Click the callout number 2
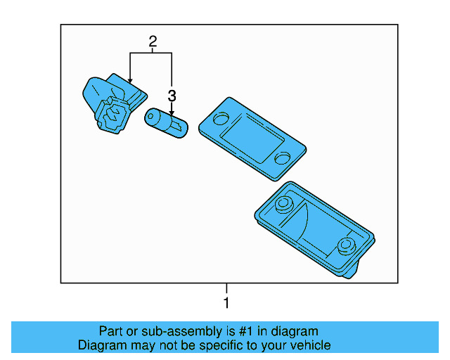[153, 41]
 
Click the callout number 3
[172, 96]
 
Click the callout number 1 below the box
[226, 303]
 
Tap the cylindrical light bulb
[166, 123]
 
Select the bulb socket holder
[113, 103]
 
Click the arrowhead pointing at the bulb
[172, 113]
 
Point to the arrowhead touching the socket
[130, 81]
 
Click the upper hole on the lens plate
[221, 118]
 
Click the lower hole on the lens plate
[282, 158]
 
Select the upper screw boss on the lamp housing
[284, 204]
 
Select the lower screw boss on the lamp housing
[347, 246]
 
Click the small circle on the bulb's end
[150, 116]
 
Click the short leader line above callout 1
[226, 288]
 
